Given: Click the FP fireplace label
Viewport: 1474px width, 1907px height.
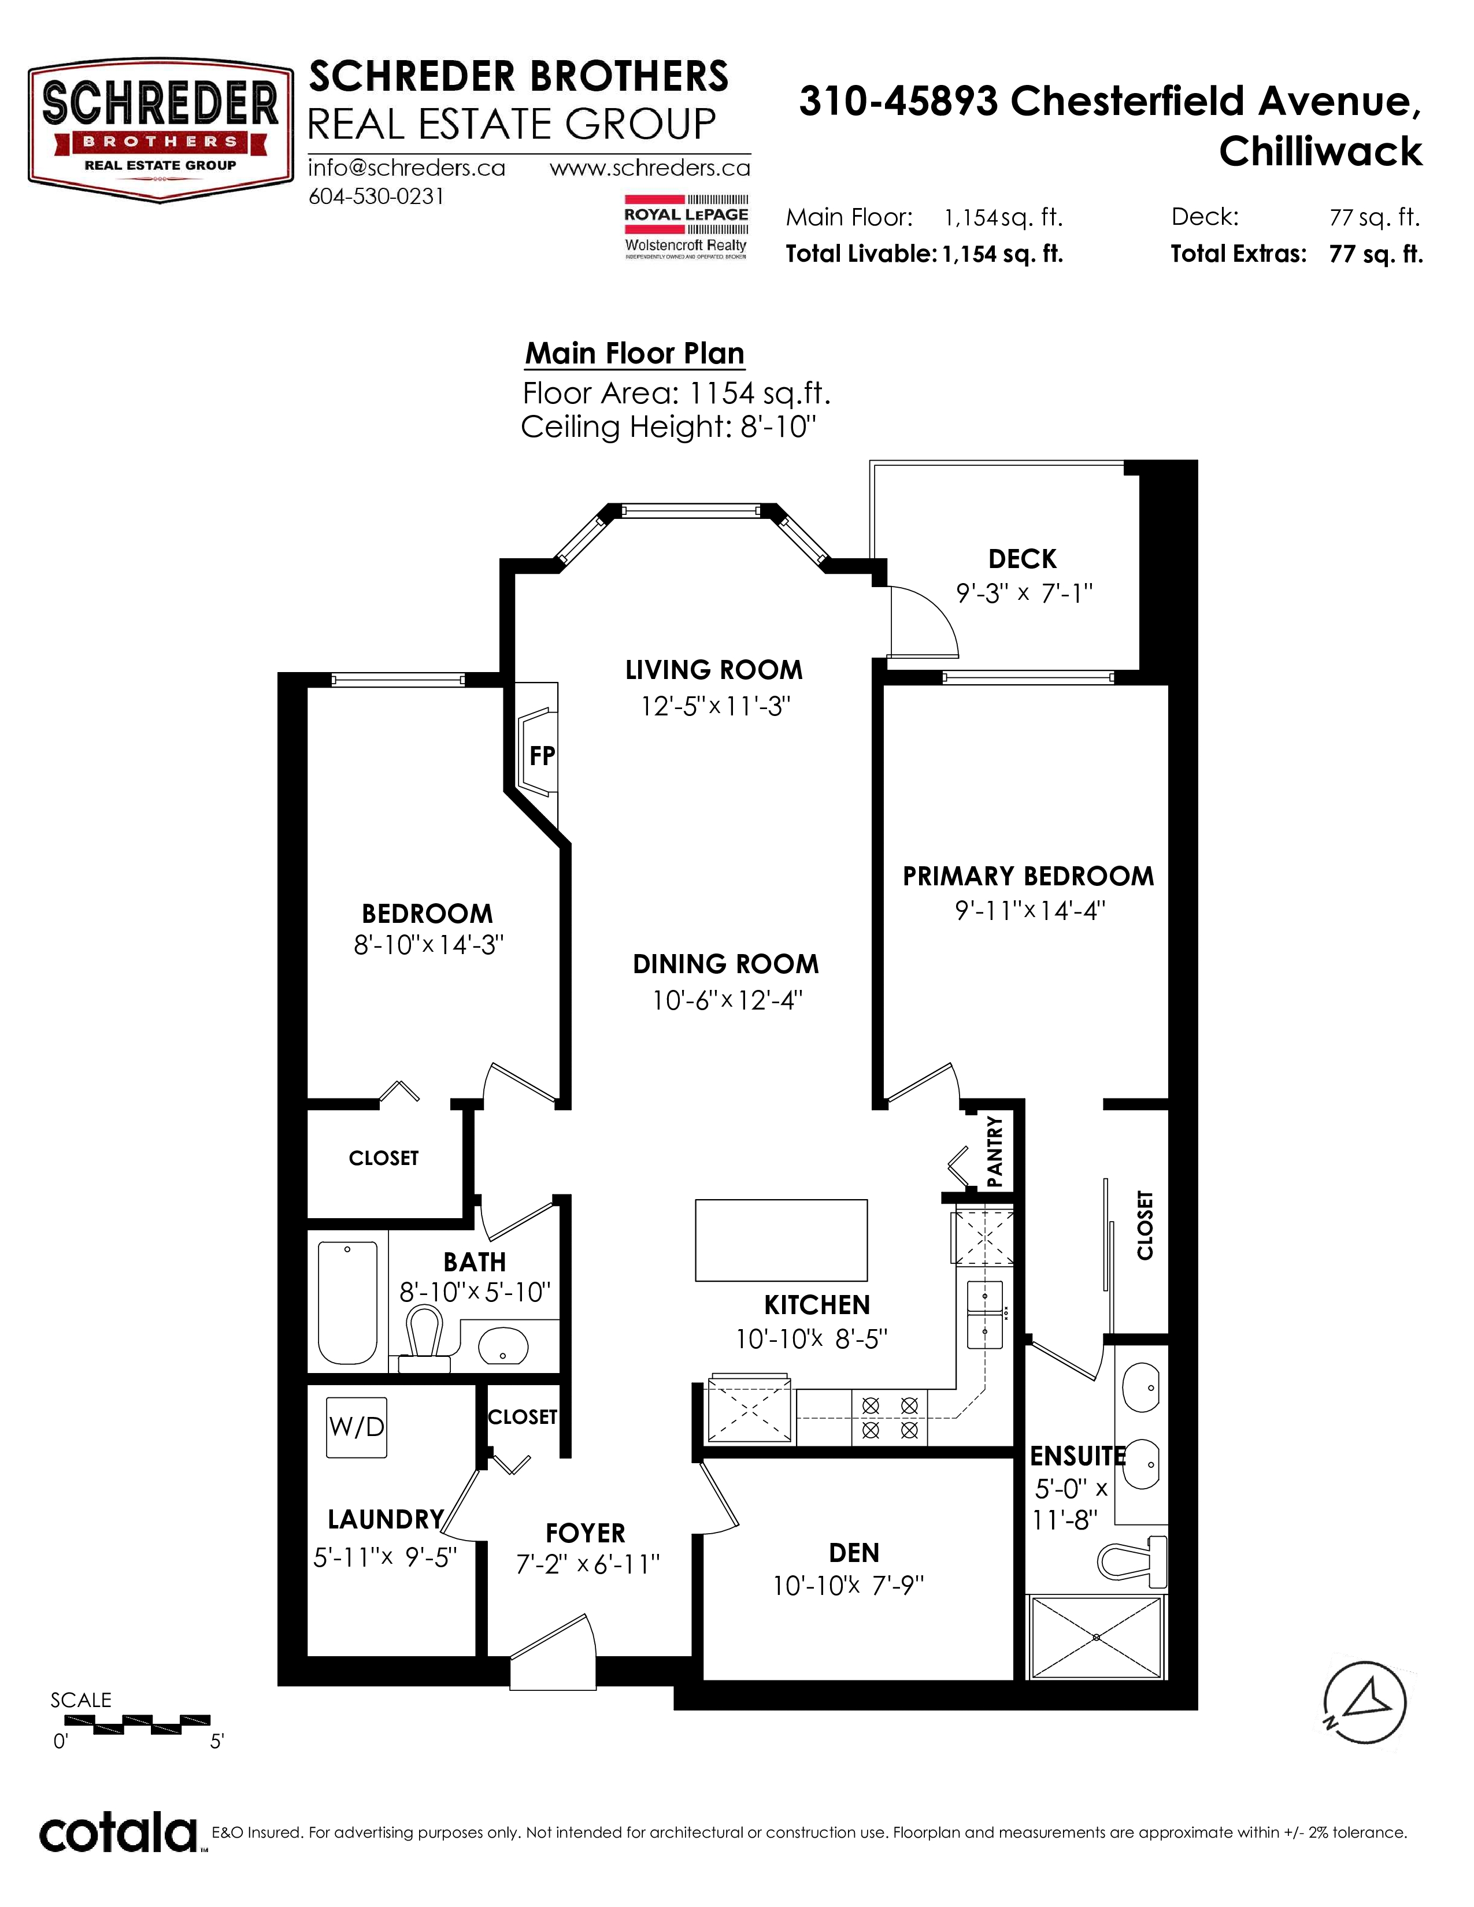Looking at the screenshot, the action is pyautogui.click(x=542, y=755).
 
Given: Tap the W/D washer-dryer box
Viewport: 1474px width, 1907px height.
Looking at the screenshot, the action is pyautogui.click(x=356, y=1427).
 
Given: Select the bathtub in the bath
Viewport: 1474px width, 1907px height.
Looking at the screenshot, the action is pyautogui.click(x=347, y=1302).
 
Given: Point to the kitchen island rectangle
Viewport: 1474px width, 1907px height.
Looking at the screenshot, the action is pyautogui.click(x=782, y=1240).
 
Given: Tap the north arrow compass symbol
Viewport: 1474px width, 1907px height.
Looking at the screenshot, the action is pyautogui.click(x=1364, y=1702).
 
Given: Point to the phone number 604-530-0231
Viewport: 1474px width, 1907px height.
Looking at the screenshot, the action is pyautogui.click(x=376, y=197).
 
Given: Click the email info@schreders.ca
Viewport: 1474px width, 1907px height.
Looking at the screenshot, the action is pyautogui.click(x=406, y=168).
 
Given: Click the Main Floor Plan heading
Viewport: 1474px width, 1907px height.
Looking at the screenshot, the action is pyautogui.click(x=635, y=354).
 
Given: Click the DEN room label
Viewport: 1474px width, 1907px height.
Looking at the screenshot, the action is pyautogui.click(x=854, y=1553).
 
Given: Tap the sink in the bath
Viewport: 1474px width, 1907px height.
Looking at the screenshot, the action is pyautogui.click(x=504, y=1345).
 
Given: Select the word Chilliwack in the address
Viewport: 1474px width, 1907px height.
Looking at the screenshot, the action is pyautogui.click(x=1320, y=152).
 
